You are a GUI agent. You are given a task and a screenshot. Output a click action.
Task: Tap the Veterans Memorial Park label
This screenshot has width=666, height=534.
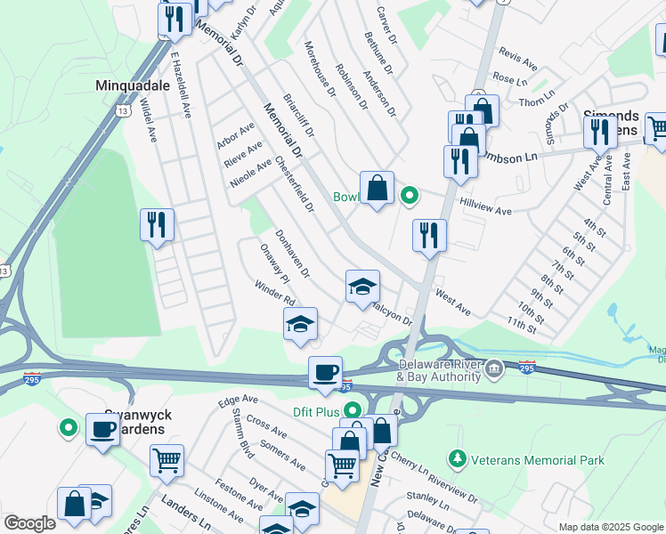point(540,460)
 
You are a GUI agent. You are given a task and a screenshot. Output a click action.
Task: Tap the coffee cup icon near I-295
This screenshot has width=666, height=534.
point(325,372)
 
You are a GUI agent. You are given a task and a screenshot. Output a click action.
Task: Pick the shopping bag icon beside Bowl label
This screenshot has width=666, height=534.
point(377,187)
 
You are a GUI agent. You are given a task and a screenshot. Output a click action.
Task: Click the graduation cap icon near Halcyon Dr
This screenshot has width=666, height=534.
point(362,287)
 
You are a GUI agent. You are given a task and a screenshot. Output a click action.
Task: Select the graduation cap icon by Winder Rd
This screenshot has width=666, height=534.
point(300,325)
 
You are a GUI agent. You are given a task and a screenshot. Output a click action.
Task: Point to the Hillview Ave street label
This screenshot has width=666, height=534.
point(486,207)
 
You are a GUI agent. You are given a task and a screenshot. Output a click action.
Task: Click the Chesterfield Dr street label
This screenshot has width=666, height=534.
point(295,185)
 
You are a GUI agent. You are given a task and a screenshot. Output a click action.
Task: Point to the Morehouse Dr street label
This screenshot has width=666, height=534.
point(319,68)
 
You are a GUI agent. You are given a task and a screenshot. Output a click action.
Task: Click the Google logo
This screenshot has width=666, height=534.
point(29,523)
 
